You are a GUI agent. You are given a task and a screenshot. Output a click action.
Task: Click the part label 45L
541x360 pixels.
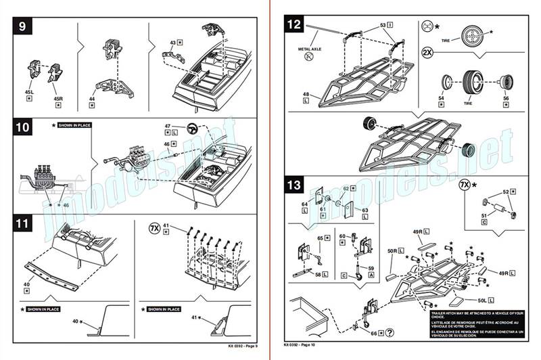point(29,91)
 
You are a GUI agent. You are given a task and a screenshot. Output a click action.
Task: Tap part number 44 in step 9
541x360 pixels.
point(91,98)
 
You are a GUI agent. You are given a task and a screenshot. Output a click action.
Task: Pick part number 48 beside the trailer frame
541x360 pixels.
point(306,94)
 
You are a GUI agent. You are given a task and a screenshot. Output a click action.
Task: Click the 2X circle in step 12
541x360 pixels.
point(427,52)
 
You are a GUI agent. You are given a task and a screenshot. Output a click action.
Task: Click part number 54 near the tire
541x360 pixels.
point(442,99)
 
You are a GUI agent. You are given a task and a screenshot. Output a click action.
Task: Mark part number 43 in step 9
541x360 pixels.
point(172,43)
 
